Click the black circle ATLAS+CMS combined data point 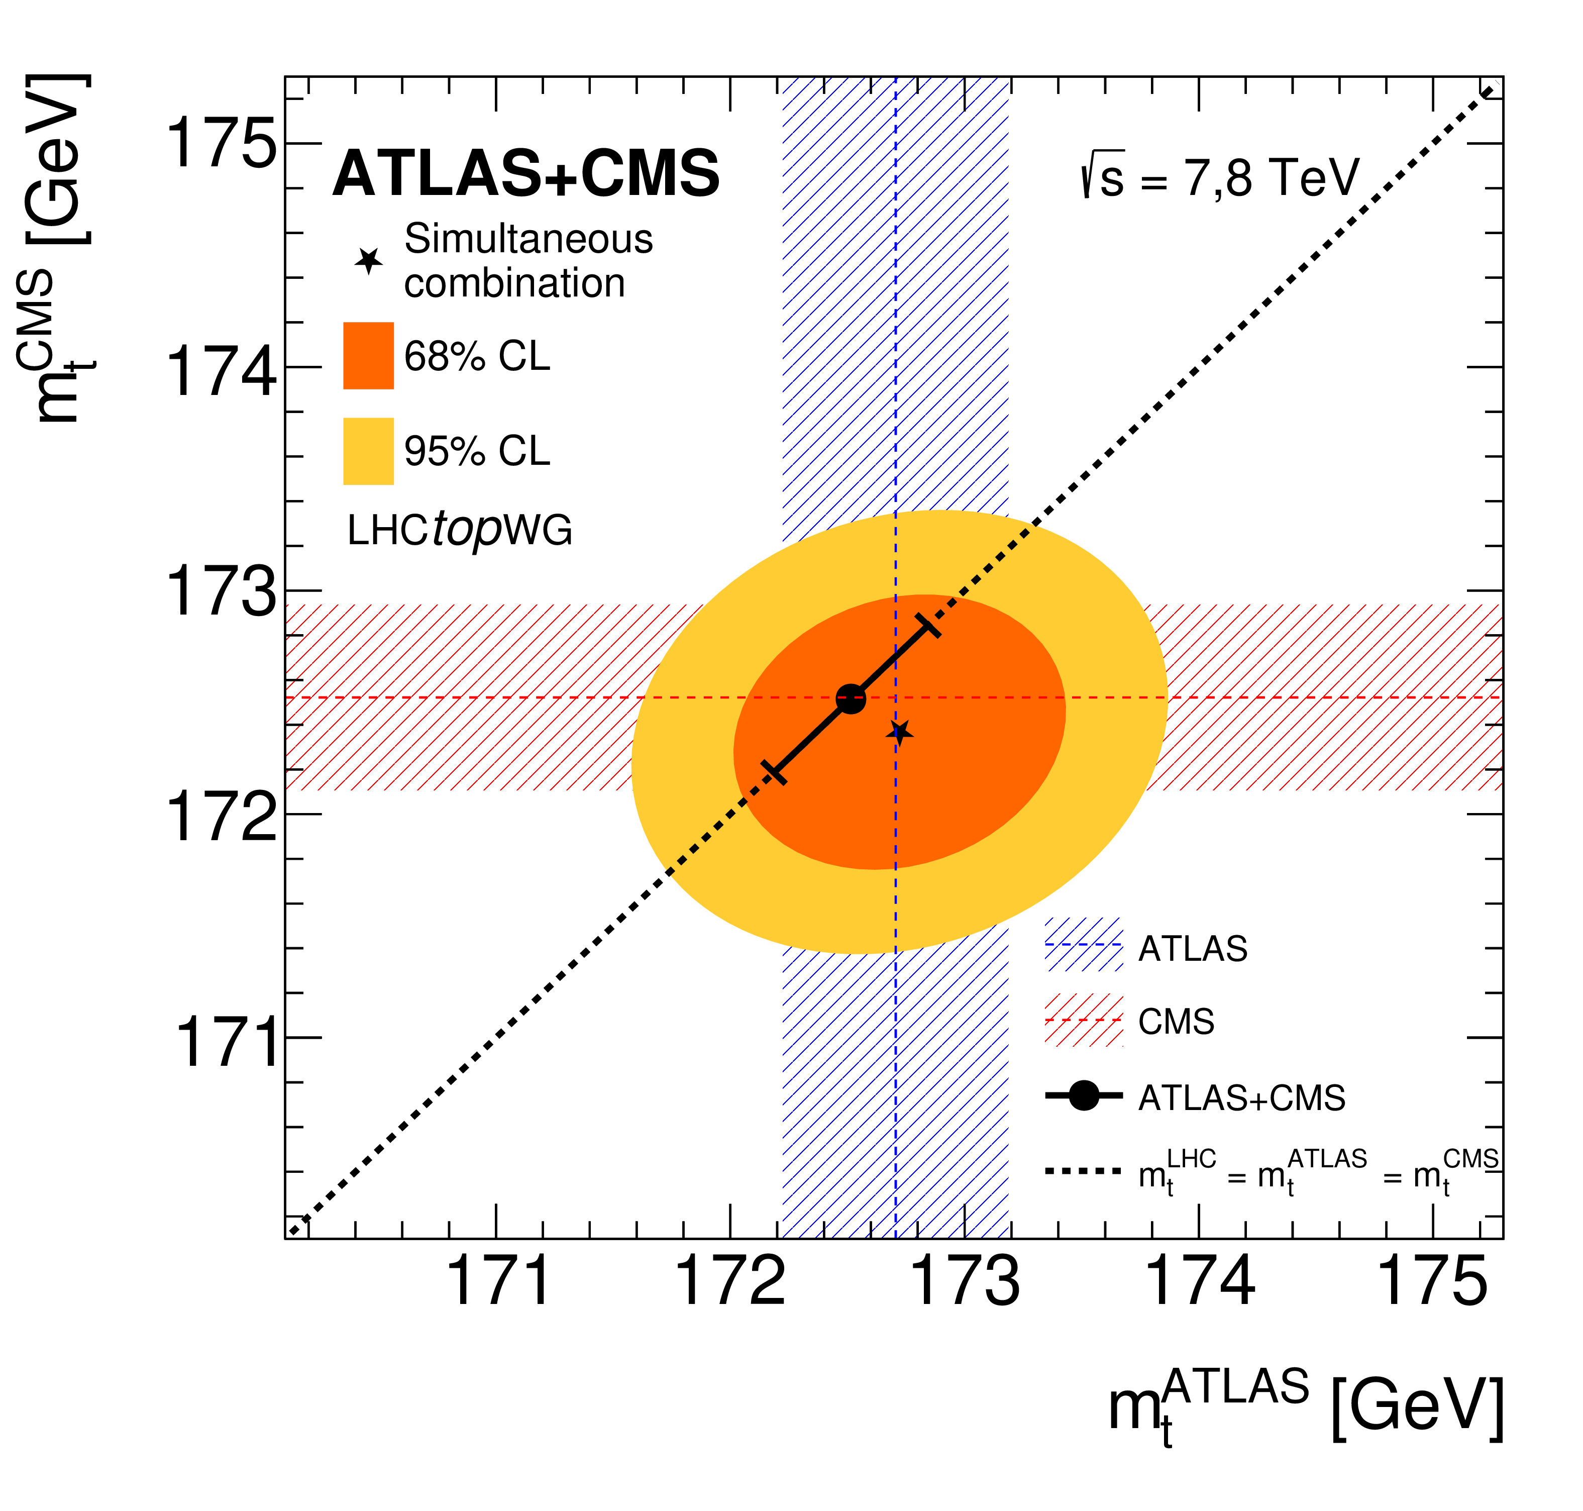(851, 698)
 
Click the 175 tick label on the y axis (221, 143)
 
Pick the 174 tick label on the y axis (221, 367)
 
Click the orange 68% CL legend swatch (368, 355)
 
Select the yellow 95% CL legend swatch (368, 451)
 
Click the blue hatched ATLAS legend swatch (1083, 945)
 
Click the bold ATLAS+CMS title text (526, 173)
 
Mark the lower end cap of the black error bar (774, 772)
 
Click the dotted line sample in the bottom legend (1083, 1170)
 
